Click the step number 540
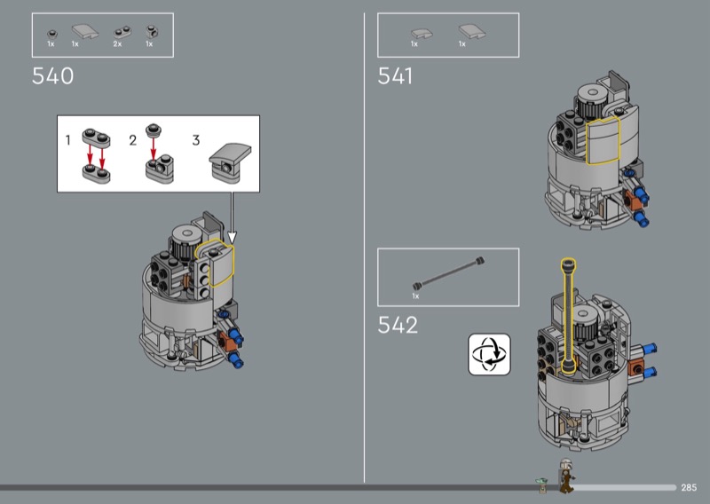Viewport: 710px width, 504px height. tap(52, 75)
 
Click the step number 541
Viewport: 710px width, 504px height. tap(395, 75)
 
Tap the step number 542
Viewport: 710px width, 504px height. tap(398, 325)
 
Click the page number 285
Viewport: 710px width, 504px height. tap(689, 487)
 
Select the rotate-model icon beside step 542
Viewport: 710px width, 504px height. tap(489, 354)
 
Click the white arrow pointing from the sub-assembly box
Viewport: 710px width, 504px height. tap(232, 217)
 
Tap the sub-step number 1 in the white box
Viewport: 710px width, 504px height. tap(68, 140)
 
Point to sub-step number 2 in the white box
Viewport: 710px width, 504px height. tap(132, 140)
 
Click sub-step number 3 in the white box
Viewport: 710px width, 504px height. tap(195, 140)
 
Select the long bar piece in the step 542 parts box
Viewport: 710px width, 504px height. tap(448, 273)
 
